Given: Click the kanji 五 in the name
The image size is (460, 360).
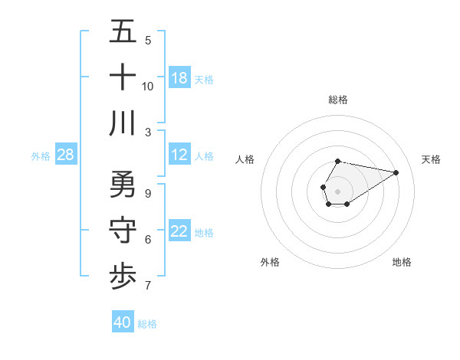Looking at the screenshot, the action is (x=123, y=32).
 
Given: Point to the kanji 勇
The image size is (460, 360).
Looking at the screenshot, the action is (x=123, y=185).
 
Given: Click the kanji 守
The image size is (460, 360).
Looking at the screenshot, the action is (x=123, y=231).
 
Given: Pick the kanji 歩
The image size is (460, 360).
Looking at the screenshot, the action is (x=123, y=277).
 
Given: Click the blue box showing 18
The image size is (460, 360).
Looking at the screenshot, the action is (x=179, y=77).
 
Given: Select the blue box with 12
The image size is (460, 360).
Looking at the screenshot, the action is (x=179, y=155).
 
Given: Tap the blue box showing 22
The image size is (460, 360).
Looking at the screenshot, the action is (x=179, y=232).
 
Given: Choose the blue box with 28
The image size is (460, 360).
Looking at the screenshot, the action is (x=66, y=155).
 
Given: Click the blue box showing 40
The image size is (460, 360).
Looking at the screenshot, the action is (x=123, y=322).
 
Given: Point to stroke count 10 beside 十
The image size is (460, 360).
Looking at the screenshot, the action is (x=148, y=87).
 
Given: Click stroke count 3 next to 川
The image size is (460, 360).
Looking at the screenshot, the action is (x=148, y=132).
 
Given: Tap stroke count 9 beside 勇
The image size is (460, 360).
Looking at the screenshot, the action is (x=148, y=194).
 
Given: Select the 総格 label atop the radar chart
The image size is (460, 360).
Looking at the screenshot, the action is (x=337, y=100).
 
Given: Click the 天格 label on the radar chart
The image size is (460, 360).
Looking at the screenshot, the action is (x=431, y=159).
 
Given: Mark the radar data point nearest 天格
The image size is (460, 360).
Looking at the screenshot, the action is (x=396, y=172).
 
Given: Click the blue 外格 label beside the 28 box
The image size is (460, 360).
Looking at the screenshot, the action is (x=41, y=155).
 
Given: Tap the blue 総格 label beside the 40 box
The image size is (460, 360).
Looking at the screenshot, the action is (x=147, y=323).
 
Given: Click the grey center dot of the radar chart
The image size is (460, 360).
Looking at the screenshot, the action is (x=337, y=191).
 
